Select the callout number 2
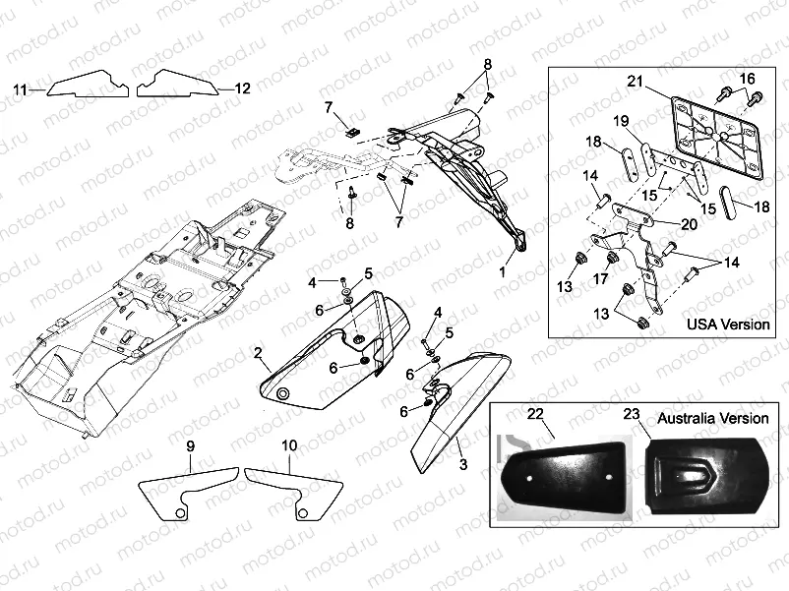(257, 352)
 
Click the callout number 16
(747, 79)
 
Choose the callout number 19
(621, 120)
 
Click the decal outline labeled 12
(175, 86)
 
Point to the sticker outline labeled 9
(187, 492)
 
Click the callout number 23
(633, 415)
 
